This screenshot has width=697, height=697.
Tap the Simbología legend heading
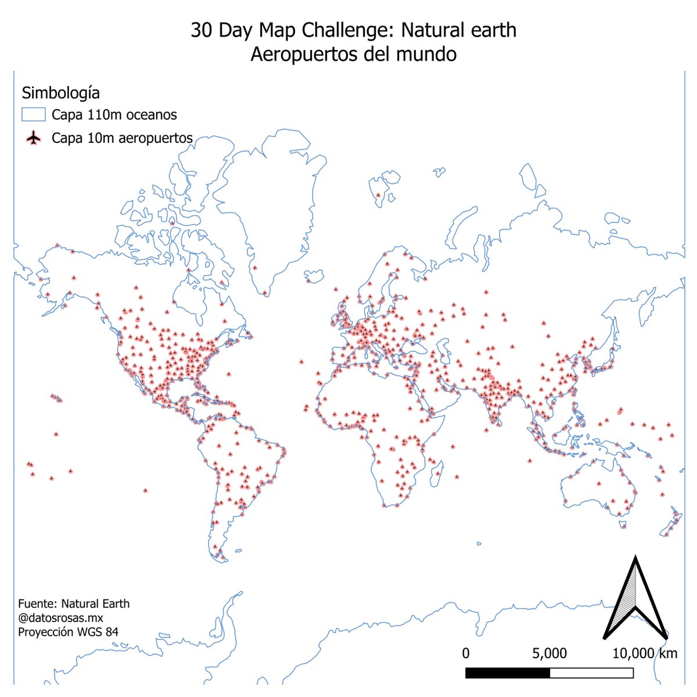tap(60, 93)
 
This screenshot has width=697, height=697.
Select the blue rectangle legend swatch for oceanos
tap(33, 114)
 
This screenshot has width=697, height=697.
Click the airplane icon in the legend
tap(34, 138)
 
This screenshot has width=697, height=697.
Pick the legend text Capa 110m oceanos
tap(114, 114)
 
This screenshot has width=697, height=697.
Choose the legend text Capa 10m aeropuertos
tap(122, 138)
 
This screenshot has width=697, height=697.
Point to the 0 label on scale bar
tap(466, 653)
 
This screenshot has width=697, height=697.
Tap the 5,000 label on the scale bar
tap(549, 653)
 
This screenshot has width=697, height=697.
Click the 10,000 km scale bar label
tap(645, 653)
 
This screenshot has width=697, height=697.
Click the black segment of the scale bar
tap(508, 673)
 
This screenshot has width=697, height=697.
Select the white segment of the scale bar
tap(591, 673)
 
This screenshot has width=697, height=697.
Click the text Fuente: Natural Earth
tap(74, 603)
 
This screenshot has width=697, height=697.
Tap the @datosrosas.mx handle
tap(60, 618)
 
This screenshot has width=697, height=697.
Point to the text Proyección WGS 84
tap(68, 632)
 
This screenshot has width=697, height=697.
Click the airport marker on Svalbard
tap(378, 195)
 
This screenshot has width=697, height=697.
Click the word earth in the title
tap(493, 31)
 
